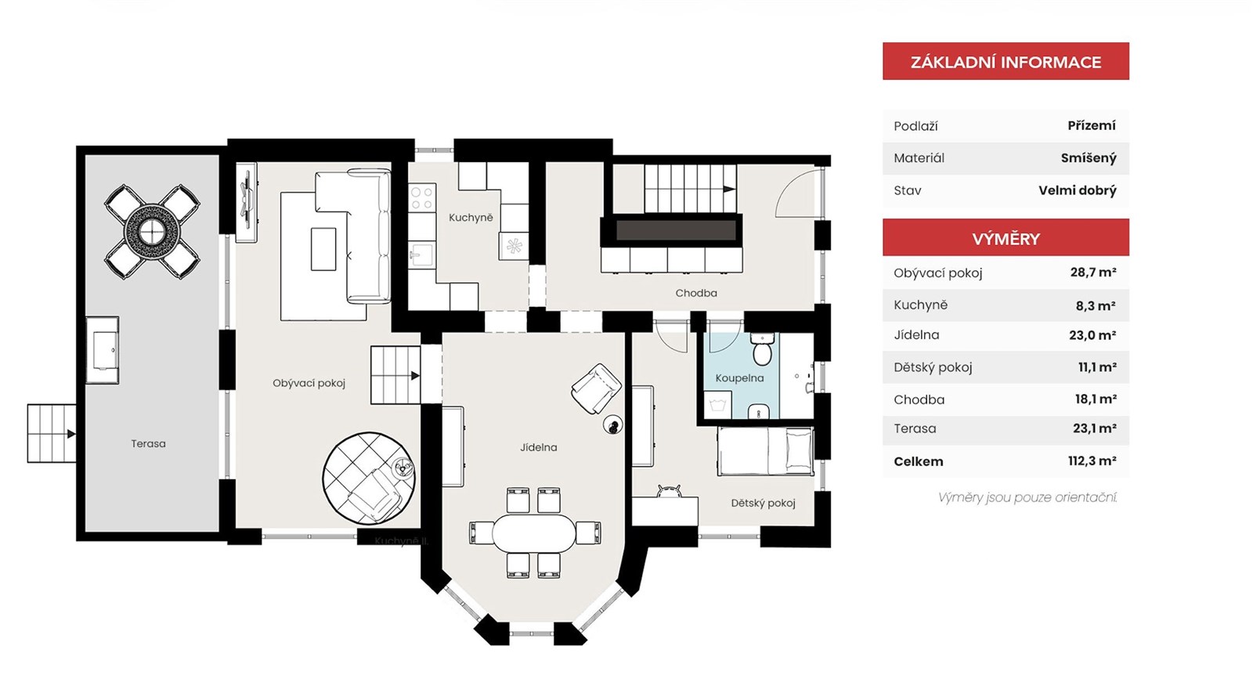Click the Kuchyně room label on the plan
[471, 218]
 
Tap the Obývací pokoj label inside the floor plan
[309, 383]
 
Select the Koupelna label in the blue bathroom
[739, 378]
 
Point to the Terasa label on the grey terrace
[148, 443]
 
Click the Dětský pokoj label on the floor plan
[763, 503]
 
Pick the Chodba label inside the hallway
[696, 293]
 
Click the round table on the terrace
[152, 231]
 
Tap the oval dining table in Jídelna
[533, 533]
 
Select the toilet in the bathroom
[762, 349]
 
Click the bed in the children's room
[765, 451]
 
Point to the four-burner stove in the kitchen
[422, 197]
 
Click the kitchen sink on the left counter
[422, 255]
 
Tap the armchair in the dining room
[596, 388]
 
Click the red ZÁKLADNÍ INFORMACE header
[1006, 61]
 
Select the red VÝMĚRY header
[1006, 238]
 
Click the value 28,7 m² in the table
[1093, 273]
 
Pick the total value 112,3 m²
[1092, 460]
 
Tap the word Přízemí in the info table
[1092, 125]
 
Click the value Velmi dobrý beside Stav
[1078, 190]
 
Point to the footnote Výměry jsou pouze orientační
[1027, 497]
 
